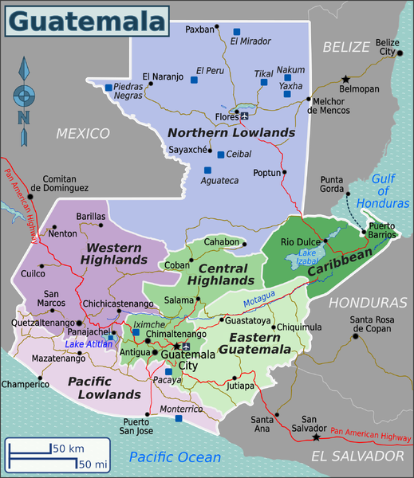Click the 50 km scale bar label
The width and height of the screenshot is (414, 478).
(x=69, y=449)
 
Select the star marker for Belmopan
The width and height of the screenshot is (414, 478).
(x=345, y=79)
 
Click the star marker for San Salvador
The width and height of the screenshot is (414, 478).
(x=317, y=437)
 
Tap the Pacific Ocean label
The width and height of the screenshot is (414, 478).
(x=175, y=456)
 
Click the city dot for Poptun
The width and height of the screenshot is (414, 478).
(x=285, y=172)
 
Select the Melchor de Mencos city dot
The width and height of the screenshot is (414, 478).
(x=309, y=100)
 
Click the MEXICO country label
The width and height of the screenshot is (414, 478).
(x=82, y=133)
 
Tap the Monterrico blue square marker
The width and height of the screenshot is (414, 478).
(x=179, y=418)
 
